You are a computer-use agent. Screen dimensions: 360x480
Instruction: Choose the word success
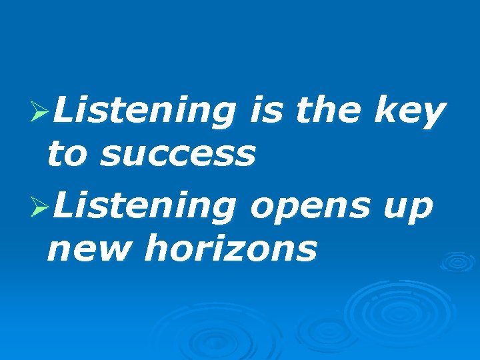177,155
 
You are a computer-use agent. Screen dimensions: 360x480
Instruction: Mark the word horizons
230,249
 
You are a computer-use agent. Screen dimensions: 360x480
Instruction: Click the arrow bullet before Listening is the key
41,114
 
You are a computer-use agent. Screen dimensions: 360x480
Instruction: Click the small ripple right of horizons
457,261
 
